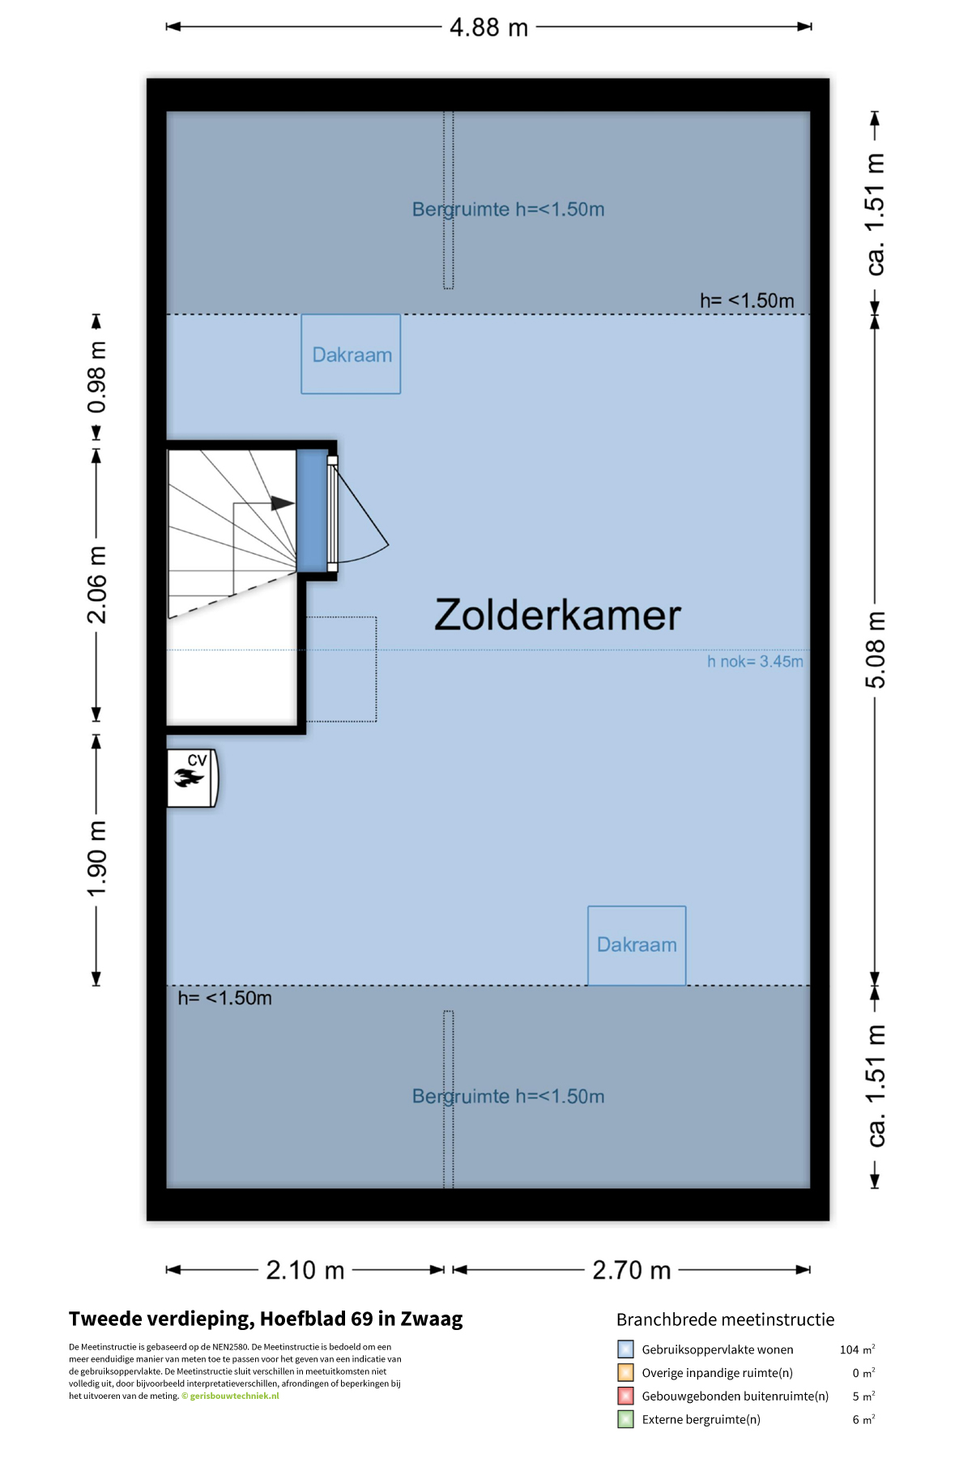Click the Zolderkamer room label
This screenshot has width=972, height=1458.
point(557,615)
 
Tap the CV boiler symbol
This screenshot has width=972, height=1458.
point(192,778)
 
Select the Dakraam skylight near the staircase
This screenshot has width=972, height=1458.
point(351,354)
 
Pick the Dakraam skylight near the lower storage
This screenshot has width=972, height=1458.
point(637,945)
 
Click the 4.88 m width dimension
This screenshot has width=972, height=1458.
point(488,28)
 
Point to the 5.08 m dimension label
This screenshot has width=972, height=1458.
point(875,650)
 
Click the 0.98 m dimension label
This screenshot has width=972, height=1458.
point(96,377)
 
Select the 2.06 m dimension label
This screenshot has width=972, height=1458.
point(96,585)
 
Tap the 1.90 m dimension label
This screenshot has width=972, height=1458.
point(96,859)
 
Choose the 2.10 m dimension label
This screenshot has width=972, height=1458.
point(305,1270)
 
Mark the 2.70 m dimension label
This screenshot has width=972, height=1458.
point(632,1270)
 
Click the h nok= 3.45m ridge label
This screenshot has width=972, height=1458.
point(755,662)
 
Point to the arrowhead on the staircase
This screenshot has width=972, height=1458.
point(283,503)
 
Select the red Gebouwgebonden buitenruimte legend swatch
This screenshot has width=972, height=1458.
point(625,1396)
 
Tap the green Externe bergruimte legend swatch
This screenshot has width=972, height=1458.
point(625,1419)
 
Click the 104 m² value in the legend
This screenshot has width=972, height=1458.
point(857,1349)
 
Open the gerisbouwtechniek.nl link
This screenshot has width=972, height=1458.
point(234,1396)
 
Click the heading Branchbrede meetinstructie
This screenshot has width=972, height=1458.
point(725,1319)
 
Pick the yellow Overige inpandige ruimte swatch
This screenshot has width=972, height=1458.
point(625,1372)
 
